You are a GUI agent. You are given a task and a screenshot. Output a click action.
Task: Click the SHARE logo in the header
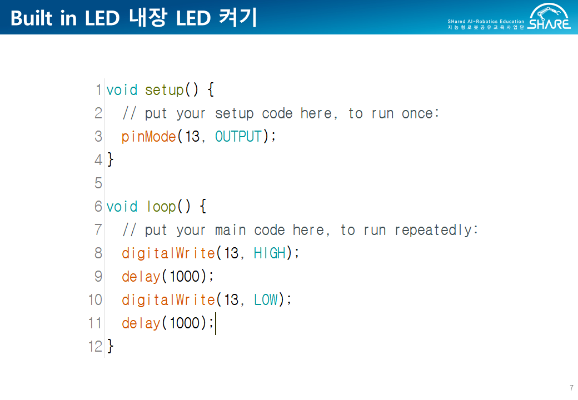pyautogui.click(x=549, y=17)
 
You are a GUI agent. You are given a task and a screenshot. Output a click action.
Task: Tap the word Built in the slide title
pyautogui.click(x=32, y=18)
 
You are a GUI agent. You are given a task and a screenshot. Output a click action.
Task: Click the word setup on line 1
pyautogui.click(x=164, y=90)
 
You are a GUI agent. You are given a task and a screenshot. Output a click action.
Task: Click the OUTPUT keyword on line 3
pyautogui.click(x=238, y=137)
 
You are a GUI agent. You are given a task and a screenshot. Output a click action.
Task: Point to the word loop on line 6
pyautogui.click(x=161, y=207)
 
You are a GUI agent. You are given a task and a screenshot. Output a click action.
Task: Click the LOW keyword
pyautogui.click(x=266, y=300)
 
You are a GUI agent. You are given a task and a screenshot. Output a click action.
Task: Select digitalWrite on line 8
pyautogui.click(x=168, y=253)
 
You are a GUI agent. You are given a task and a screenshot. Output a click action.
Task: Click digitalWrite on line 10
pyautogui.click(x=168, y=300)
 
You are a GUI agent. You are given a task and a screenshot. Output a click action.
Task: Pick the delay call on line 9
pyautogui.click(x=141, y=277)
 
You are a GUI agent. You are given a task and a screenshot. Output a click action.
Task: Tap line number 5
pyautogui.click(x=98, y=183)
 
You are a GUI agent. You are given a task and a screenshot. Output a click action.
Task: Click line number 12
pyautogui.click(x=95, y=347)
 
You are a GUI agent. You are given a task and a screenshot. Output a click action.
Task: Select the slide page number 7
pyautogui.click(x=571, y=388)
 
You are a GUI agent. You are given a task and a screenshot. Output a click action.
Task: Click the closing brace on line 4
pyautogui.click(x=110, y=160)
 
